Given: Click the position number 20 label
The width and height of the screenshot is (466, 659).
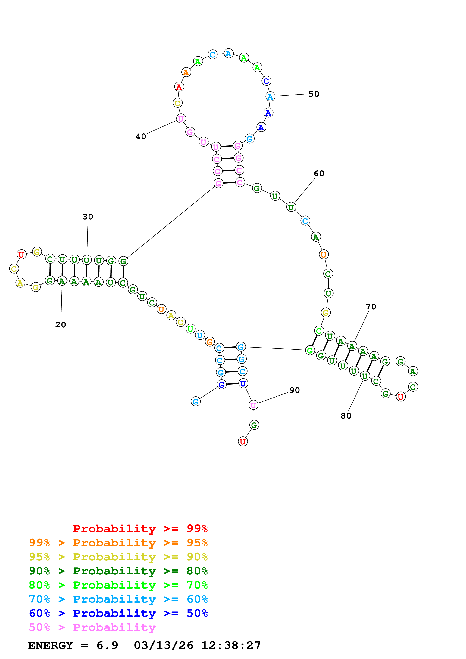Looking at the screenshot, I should tap(61, 325).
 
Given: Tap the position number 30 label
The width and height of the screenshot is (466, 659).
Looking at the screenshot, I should tap(88, 217).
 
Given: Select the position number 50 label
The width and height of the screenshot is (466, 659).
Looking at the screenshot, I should tap(314, 94).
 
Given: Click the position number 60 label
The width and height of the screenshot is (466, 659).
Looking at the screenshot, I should tap(319, 173).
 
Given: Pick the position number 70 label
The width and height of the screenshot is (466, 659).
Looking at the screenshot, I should tap(371, 307).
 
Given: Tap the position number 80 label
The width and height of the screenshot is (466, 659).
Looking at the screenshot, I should tap(346, 416).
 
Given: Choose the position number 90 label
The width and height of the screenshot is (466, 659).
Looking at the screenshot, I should tap(295, 390).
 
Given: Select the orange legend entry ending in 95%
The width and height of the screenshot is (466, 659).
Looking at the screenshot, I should tap(118, 543).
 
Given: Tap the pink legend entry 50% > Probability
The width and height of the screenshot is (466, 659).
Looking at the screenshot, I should tap(92, 627).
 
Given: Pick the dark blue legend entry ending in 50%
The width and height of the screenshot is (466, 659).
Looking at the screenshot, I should tap(118, 613).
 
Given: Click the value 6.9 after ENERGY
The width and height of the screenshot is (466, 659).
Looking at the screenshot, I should tap(107, 645).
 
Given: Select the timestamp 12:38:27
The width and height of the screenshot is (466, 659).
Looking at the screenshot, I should tap(231, 645).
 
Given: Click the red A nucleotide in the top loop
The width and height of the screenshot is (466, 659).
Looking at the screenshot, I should tap(179, 87).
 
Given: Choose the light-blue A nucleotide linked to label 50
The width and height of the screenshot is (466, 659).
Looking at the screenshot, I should tap(270, 96).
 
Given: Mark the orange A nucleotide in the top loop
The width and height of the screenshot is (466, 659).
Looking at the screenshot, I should tap(186, 72).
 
